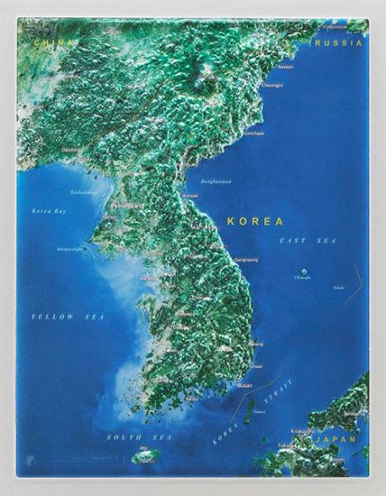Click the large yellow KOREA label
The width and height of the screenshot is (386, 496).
click(255, 220)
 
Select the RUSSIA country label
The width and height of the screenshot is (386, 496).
click(340, 42)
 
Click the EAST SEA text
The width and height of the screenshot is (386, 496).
click(308, 241)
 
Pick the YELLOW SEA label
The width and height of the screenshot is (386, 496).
click(67, 315)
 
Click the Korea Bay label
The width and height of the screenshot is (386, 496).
click(48, 210)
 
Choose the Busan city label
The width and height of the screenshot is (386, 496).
click(245, 385)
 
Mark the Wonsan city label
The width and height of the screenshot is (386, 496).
click(190, 195)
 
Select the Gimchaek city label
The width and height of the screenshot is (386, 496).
click(253, 133)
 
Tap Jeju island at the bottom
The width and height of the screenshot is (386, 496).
click(145, 456)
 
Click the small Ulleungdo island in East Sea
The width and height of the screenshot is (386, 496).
click(303, 270)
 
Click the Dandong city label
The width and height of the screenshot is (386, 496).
click(72, 150)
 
